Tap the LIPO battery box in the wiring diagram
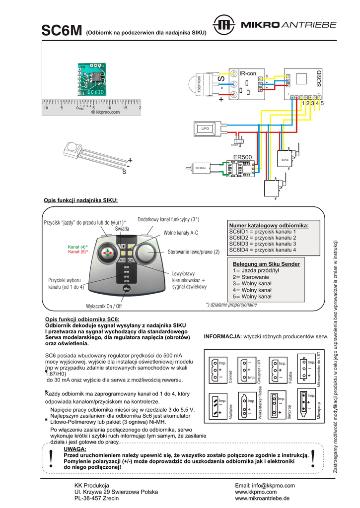click(205, 128)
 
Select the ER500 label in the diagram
click(243, 157)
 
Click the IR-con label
click(247, 73)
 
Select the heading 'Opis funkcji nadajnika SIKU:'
click(81, 200)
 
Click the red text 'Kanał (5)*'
click(77, 252)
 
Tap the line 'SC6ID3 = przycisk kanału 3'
click(263, 244)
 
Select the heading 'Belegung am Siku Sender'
click(266, 264)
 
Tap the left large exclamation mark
click(51, 458)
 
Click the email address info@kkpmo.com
click(265, 485)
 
